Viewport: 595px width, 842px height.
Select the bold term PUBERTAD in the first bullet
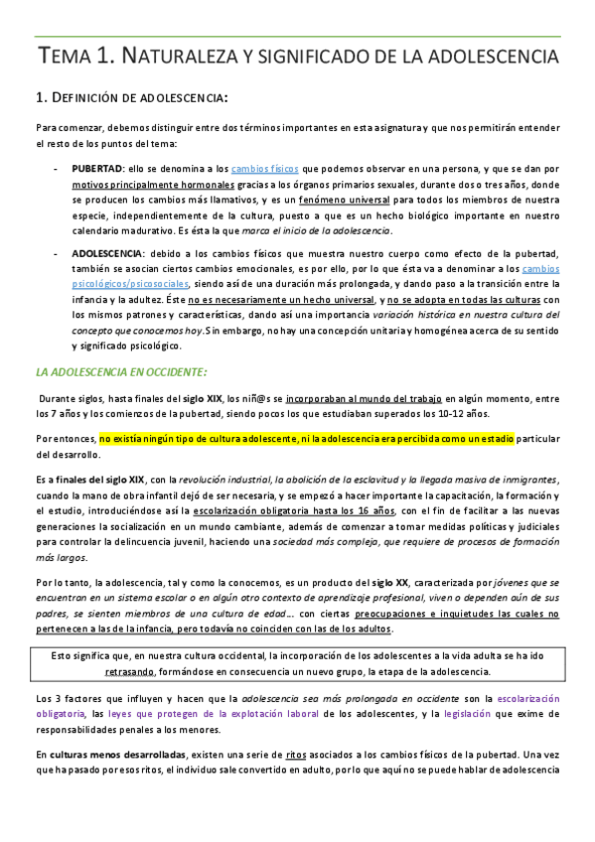click(97, 168)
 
